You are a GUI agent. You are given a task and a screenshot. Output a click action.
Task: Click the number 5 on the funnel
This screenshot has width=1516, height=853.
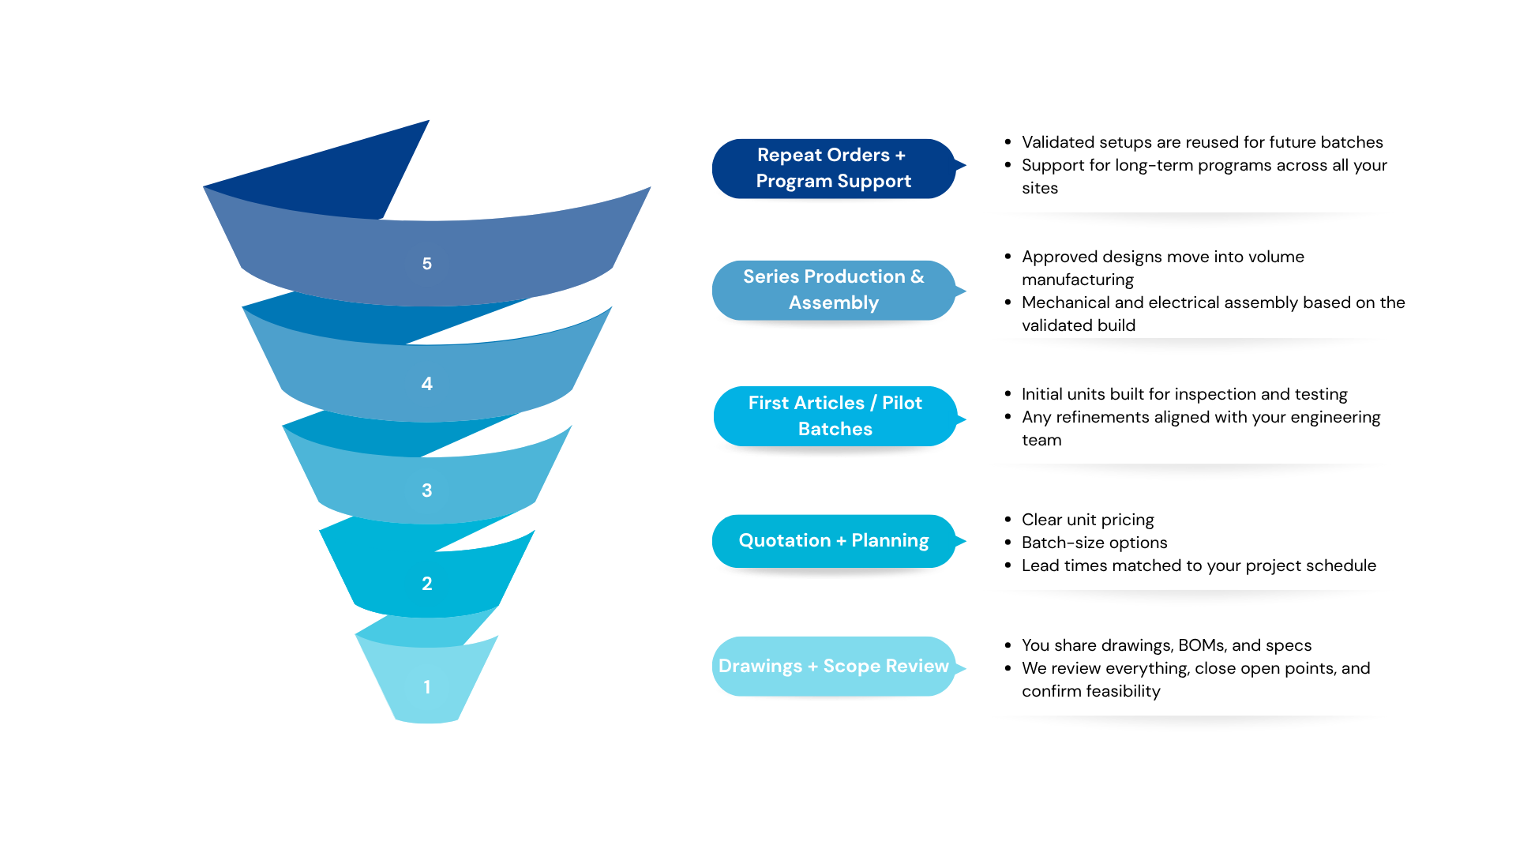tap(426, 264)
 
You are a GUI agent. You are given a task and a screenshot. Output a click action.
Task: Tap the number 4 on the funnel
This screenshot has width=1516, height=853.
tap(426, 384)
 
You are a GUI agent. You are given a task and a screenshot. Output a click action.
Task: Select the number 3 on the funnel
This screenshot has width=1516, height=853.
tap(426, 490)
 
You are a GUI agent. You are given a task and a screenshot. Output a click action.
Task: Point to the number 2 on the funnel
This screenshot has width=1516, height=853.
tap(426, 584)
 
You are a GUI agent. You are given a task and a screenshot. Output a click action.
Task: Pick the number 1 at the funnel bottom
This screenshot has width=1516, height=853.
tap(426, 687)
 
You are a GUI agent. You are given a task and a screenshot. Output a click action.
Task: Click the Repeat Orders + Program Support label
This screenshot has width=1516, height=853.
tap(833, 168)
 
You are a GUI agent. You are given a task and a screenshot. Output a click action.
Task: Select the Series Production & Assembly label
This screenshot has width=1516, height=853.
tap(833, 290)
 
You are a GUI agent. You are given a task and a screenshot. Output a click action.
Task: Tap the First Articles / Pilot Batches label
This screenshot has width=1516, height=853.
tap(835, 416)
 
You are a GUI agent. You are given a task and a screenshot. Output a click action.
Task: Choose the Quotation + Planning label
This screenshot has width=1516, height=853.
tap(833, 541)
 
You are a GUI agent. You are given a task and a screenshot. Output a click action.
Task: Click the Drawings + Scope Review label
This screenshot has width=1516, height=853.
tap(833, 667)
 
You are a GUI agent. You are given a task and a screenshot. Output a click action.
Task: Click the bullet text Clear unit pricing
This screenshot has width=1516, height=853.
tap(1087, 520)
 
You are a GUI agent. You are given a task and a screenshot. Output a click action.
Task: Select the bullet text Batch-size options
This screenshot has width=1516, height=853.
tap(1094, 543)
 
